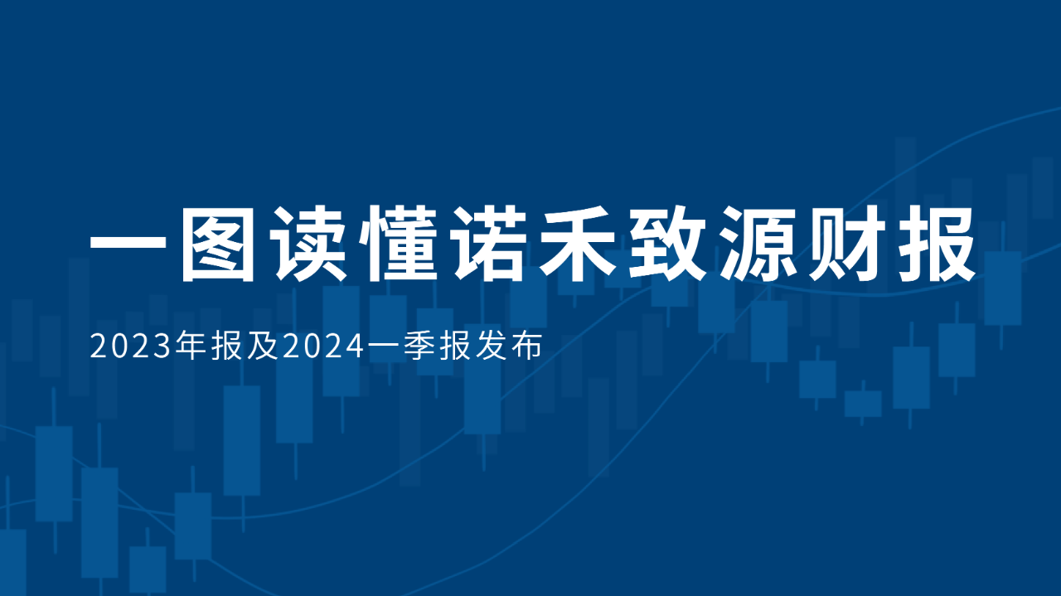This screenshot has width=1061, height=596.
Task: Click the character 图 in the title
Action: click(218, 244)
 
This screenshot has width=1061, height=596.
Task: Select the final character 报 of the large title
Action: click(937, 244)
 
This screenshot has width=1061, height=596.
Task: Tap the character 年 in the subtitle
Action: click(191, 346)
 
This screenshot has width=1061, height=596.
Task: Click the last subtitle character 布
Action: click(526, 346)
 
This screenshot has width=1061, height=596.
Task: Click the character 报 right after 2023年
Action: click(226, 346)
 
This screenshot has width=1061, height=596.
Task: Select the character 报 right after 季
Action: click(455, 346)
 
